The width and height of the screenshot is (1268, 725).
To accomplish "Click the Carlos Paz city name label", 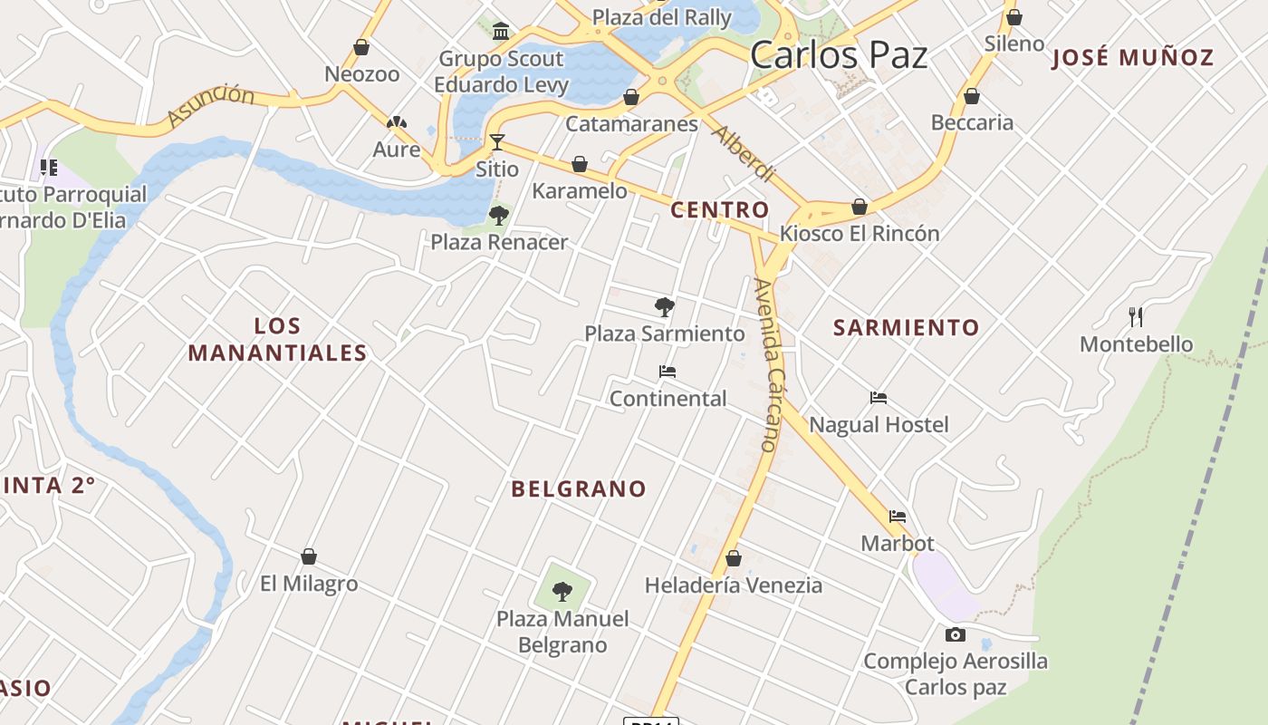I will [x=839, y=55].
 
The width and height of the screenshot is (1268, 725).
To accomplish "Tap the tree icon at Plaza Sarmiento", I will [x=665, y=307].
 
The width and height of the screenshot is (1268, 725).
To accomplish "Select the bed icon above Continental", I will [x=668, y=372].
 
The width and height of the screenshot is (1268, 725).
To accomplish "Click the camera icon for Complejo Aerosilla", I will [x=956, y=634].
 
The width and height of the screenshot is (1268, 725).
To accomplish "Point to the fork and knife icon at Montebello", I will [x=1136, y=316].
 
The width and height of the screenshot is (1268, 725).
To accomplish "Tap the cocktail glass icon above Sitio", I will [x=497, y=141].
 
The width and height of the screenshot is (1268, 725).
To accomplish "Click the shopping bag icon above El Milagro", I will [x=309, y=556].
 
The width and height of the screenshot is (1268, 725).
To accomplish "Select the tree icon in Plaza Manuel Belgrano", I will [x=562, y=592].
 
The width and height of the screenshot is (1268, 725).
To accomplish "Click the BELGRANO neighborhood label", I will [x=579, y=489].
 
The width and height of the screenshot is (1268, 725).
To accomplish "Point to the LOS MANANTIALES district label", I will [x=277, y=340].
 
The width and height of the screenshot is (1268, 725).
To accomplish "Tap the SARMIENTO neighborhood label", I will [x=906, y=328].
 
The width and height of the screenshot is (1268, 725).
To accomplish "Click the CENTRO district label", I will [x=719, y=210].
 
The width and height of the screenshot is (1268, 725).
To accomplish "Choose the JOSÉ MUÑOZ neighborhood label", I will [x=1132, y=58].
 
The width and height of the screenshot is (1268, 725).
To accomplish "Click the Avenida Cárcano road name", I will [x=766, y=364].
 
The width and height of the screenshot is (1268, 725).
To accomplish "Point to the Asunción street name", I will [x=211, y=105].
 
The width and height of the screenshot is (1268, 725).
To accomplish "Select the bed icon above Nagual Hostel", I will [x=878, y=397].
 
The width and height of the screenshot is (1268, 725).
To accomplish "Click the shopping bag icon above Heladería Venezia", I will [x=734, y=558].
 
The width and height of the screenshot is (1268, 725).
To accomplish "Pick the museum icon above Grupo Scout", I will [x=501, y=33].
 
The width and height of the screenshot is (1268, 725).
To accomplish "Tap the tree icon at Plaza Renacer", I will [x=498, y=215].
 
